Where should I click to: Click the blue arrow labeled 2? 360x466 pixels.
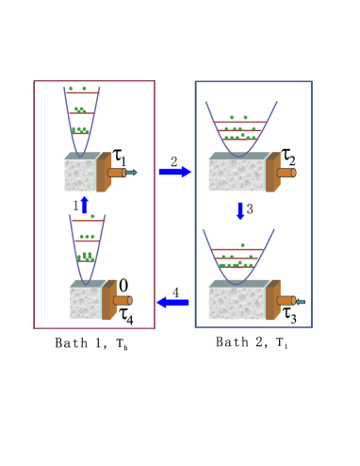174,171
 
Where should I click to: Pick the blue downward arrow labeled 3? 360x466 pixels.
240,209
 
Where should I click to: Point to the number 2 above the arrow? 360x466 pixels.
174,159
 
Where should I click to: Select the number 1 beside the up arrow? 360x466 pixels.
74,203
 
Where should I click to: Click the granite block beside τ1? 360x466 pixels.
84,175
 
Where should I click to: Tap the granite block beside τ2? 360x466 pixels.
237,175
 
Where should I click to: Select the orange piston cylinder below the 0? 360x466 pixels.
122,301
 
